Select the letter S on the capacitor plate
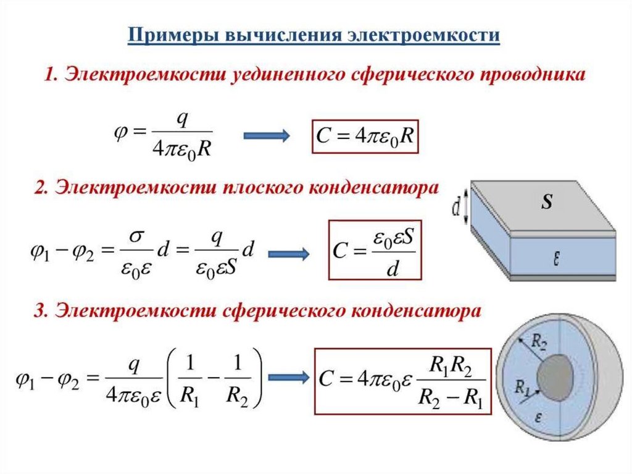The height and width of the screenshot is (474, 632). click(x=546, y=203)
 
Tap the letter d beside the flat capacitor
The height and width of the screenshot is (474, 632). click(x=456, y=209)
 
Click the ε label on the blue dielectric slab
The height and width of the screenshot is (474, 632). click(x=556, y=260)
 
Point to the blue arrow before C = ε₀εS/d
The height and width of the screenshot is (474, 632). click(x=289, y=253)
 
